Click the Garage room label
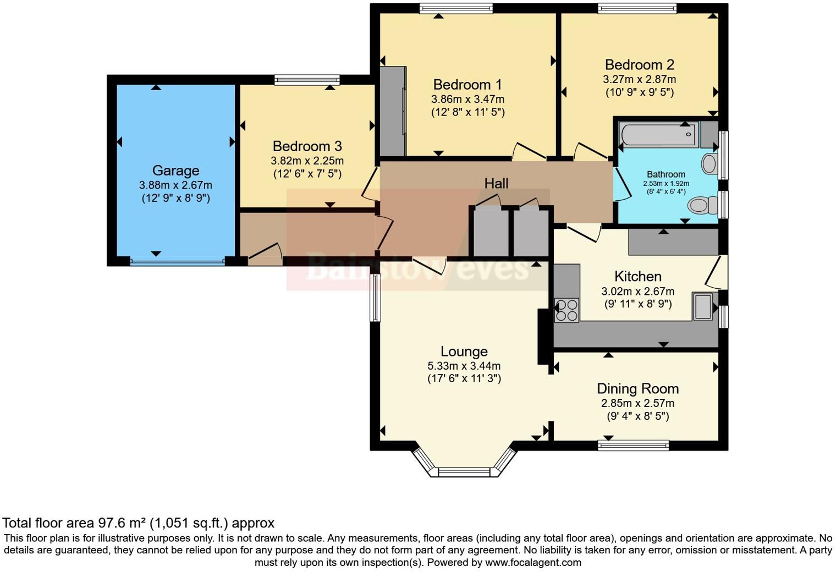point(175,171)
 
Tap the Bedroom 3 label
point(307,146)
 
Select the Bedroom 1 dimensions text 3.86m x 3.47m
point(468,99)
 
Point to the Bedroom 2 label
point(639,65)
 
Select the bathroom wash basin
point(710,163)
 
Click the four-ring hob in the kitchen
point(566,310)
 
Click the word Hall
point(496,184)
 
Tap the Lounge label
point(464,351)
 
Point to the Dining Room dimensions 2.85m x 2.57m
point(637,403)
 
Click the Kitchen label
point(638,277)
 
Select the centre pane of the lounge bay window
point(464,472)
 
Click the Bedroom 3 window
point(307,80)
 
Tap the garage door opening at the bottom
point(177,261)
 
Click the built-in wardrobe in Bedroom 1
point(393,111)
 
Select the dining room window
point(634,446)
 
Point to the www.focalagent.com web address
point(533,562)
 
